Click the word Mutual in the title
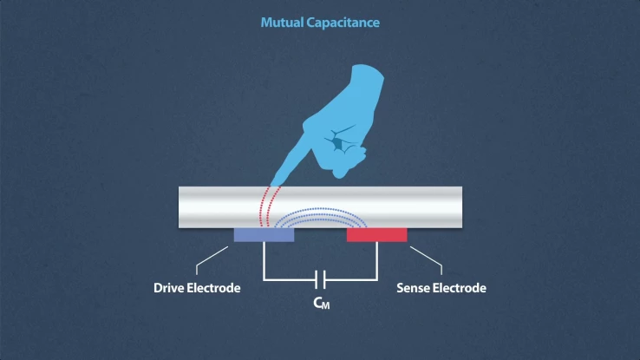[x=283, y=22]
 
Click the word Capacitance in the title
[x=343, y=22]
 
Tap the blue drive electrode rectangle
[x=264, y=235]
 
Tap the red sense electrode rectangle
[x=376, y=235]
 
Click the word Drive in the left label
[x=170, y=288]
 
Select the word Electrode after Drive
[x=214, y=288]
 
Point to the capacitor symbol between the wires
[x=320, y=279]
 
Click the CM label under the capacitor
[x=320, y=304]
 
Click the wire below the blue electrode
[x=264, y=260]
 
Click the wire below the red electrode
[x=376, y=260]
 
